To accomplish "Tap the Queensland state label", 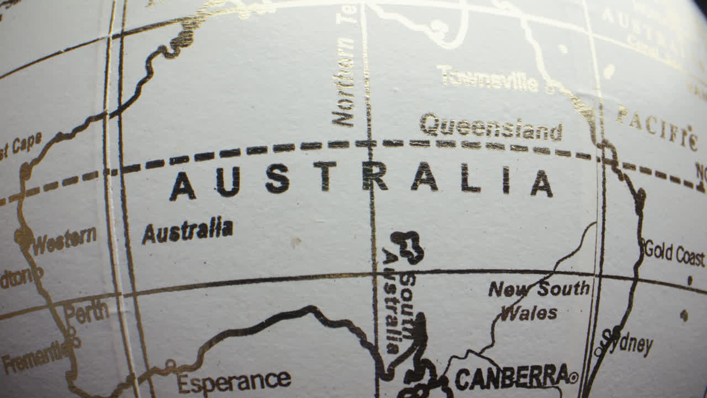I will (491, 128).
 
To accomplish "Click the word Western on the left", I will (64, 240).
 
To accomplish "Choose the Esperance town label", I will (234, 381).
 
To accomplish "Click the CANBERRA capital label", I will (511, 377).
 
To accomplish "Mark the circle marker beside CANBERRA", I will (573, 378).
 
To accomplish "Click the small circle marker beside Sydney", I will (598, 351).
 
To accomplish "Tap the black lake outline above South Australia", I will (408, 247).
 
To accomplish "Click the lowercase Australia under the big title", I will (187, 230).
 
